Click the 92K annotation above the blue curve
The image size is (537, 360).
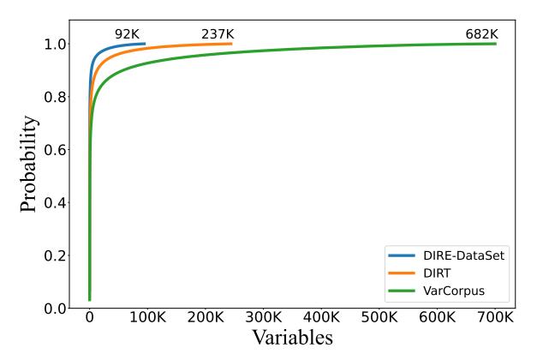point(128,33)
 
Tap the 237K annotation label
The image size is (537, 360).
point(217,33)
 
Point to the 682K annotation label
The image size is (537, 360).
point(480,33)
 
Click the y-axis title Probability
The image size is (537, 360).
point(29,164)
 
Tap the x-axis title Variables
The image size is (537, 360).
point(291,338)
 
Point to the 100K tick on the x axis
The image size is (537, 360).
point(147,318)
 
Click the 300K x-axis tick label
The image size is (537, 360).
point(263,318)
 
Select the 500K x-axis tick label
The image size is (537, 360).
point(379,318)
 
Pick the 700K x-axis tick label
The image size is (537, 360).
point(495,318)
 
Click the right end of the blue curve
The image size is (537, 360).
point(145,44)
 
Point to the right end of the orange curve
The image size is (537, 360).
point(231,44)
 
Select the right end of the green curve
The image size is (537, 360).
point(495,44)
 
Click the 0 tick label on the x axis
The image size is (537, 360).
point(89,318)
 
